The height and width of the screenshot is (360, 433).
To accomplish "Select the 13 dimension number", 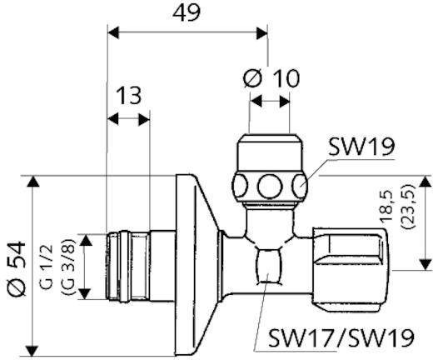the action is (x=128, y=95).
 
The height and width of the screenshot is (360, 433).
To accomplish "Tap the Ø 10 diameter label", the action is (x=271, y=78).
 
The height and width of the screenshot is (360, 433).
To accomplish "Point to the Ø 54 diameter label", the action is (x=17, y=268).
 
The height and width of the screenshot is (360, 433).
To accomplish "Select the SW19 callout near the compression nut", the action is (x=361, y=147).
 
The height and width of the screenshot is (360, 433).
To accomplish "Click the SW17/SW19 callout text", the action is (x=341, y=337).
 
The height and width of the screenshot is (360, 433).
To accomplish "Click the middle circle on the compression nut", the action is (x=268, y=186).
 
